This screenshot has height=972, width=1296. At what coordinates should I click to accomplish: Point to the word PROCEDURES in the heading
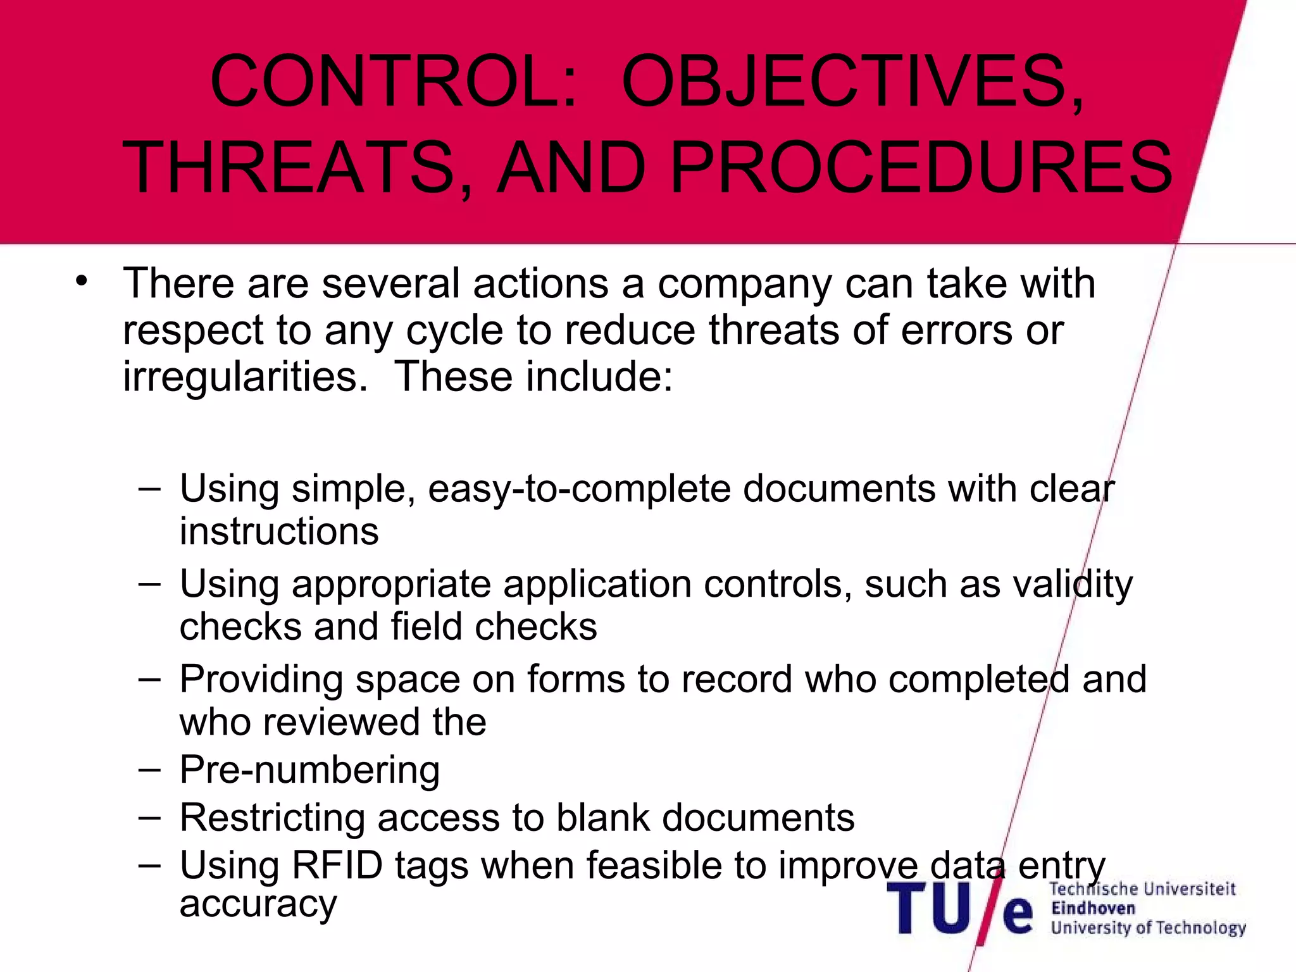click(x=921, y=168)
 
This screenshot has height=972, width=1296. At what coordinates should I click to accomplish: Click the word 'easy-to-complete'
click(x=578, y=489)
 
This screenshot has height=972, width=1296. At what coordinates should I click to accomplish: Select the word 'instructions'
click(x=279, y=531)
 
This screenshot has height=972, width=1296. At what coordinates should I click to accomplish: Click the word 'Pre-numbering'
click(x=309, y=770)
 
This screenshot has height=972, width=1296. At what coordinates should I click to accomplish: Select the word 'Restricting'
click(x=272, y=818)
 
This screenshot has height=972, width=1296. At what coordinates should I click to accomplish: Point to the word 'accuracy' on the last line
click(x=258, y=903)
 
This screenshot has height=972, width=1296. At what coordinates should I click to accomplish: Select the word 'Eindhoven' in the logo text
click(x=1093, y=908)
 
